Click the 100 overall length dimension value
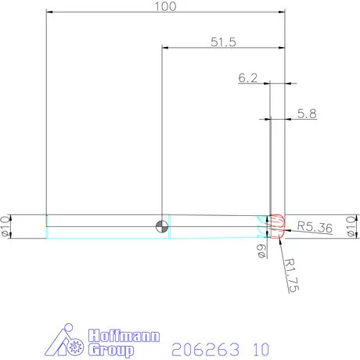tap(165, 6)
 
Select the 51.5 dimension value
tap(223, 42)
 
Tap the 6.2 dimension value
tap(247, 77)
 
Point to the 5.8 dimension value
tap(308, 113)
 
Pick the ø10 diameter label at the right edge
tap(351, 226)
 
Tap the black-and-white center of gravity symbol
tap(162, 226)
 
